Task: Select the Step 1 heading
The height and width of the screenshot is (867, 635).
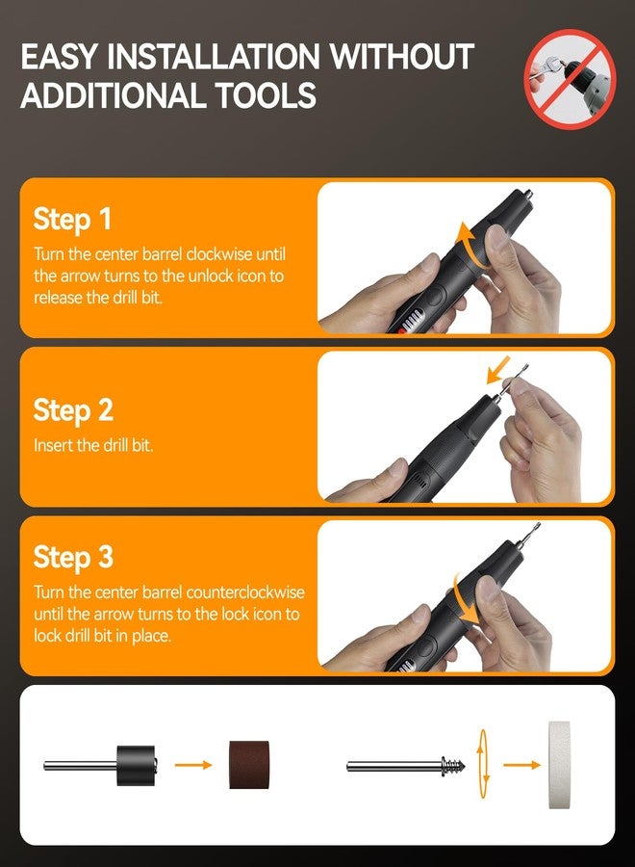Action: (73, 219)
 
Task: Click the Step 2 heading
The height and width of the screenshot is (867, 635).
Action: (73, 410)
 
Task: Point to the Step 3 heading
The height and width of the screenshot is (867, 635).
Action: (73, 557)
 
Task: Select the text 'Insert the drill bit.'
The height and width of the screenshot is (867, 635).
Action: (93, 446)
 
